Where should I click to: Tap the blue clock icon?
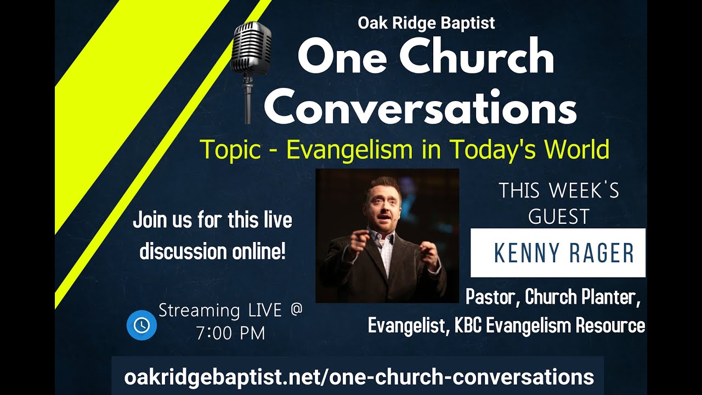141,325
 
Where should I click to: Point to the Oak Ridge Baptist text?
426,23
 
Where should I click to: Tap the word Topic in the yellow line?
230,150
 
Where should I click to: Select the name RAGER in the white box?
603,253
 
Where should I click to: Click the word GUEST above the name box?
559,217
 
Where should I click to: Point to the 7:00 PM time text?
230,333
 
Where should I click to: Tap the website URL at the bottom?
359,377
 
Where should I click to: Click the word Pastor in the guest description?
491,297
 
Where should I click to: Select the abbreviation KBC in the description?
468,326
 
